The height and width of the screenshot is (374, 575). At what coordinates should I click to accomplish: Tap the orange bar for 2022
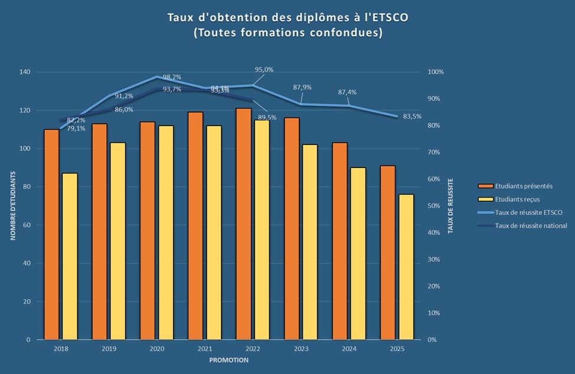243,224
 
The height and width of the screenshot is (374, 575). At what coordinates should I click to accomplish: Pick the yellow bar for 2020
166,233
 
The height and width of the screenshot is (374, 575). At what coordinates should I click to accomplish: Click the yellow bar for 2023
310,242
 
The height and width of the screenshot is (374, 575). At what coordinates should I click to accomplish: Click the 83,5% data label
412,116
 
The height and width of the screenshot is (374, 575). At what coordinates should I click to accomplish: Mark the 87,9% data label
302,87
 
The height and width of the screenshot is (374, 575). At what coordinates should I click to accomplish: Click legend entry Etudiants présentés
523,186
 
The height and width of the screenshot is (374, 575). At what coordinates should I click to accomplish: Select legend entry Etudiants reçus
517,199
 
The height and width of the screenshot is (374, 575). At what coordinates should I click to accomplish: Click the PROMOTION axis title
228,359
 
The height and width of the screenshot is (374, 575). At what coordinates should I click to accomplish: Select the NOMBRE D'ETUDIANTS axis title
12,206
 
